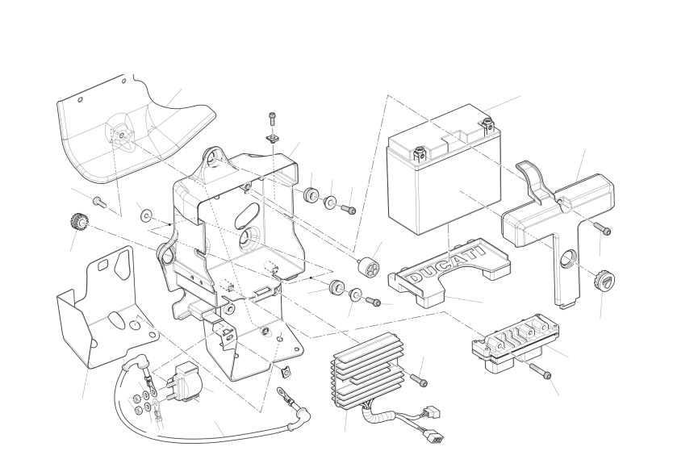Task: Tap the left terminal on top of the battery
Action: tap(420, 150)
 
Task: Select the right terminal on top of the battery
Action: tap(488, 123)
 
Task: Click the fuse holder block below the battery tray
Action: tap(514, 344)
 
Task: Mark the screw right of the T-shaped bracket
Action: tap(603, 229)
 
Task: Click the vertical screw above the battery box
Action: tap(272, 121)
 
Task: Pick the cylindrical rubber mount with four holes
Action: tap(367, 263)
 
